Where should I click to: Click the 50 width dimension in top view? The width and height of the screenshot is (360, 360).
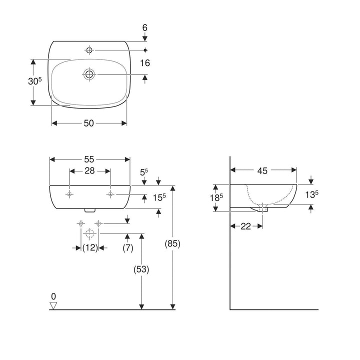pos(89,123)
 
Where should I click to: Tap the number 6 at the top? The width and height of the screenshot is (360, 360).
pos(145,28)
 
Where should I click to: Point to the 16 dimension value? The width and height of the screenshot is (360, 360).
pos(145,62)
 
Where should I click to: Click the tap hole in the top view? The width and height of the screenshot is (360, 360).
pos(89,49)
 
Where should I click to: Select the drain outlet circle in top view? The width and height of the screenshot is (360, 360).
pos(89,74)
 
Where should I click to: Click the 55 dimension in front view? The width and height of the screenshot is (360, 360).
pos(89,159)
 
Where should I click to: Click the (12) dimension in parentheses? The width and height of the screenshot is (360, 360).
pos(90,248)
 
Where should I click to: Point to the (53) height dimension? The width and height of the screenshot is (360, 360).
pos(142,268)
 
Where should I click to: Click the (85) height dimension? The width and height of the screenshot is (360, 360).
pos(172,244)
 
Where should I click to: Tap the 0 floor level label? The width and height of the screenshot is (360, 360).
pos(54,295)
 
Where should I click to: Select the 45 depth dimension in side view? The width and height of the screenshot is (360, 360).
pos(263,170)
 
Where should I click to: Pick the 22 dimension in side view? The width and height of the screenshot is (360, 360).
pos(245,226)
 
